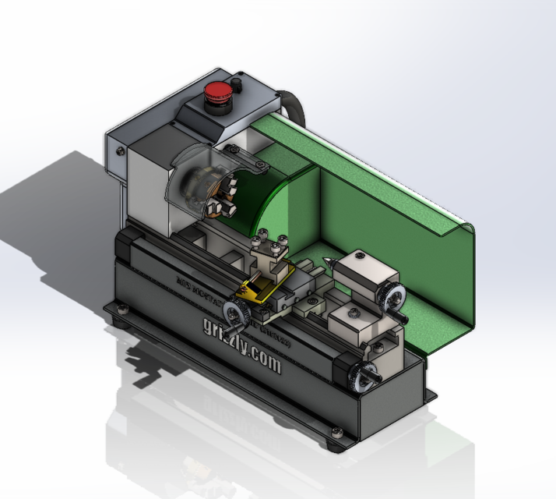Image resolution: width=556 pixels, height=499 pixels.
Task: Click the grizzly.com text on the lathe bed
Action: [x=242, y=354]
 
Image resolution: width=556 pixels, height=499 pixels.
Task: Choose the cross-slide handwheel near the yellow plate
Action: [x=234, y=313]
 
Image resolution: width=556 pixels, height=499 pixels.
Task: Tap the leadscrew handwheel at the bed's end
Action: [x=362, y=375]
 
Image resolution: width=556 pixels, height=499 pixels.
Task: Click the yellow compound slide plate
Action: [x=265, y=285]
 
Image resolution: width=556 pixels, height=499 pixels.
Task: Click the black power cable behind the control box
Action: [x=293, y=105]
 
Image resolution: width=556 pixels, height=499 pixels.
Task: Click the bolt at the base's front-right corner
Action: [x=336, y=434]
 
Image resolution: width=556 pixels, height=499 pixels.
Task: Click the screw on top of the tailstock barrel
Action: [x=359, y=254]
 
